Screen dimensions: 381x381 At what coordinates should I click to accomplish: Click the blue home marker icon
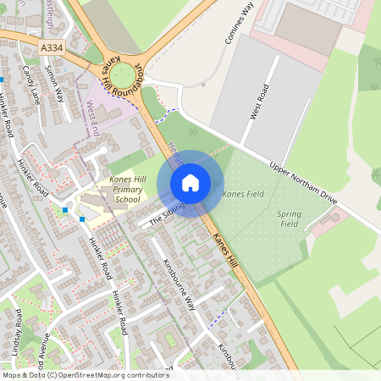[x=190, y=182]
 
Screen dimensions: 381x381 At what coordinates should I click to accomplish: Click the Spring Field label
[x=290, y=218]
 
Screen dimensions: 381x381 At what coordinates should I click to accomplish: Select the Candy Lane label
[x=32, y=86]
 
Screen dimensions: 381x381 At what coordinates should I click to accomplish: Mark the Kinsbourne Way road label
[x=179, y=284]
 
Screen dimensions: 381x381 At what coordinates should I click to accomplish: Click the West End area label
[x=92, y=119]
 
